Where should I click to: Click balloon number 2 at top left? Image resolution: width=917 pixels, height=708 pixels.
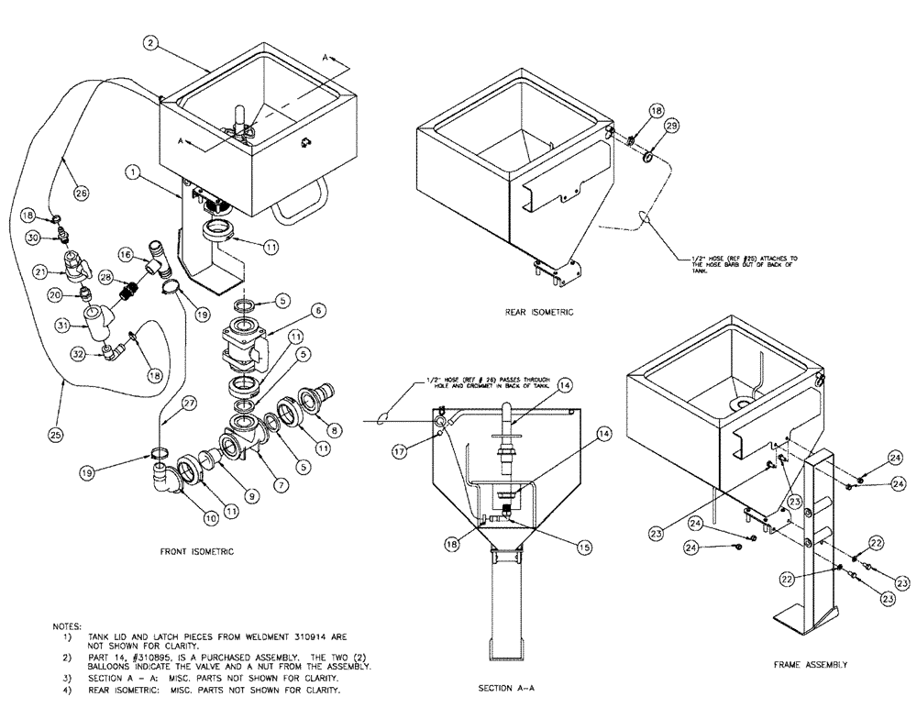(x=152, y=41)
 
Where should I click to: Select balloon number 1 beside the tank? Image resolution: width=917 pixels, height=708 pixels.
(x=133, y=171)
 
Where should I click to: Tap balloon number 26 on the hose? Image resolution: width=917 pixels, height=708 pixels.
(x=82, y=194)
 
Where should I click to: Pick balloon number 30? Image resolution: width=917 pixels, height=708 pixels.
(x=32, y=238)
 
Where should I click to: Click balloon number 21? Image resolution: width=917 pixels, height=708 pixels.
(x=39, y=271)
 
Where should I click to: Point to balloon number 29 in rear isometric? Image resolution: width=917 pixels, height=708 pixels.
(x=671, y=125)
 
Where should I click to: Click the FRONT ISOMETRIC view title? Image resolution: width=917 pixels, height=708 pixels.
(x=198, y=551)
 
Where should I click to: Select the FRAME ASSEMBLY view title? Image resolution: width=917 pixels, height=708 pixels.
(x=810, y=664)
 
